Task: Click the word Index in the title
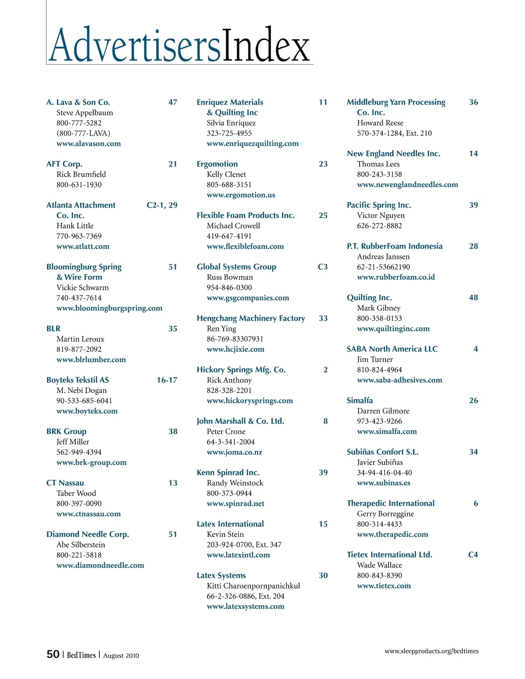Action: [x=266, y=45]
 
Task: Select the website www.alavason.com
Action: [x=88, y=143]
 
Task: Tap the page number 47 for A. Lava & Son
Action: [x=173, y=102]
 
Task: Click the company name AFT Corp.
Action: [x=64, y=164]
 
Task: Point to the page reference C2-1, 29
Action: [x=162, y=205]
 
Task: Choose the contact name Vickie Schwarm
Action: [x=83, y=288]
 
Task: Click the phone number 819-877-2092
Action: [x=79, y=349]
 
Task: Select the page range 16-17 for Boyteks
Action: [x=167, y=380]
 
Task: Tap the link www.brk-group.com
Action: [x=91, y=463]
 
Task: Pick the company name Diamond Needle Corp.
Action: [x=87, y=534]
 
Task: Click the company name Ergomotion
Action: [x=217, y=164]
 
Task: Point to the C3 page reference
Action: [x=322, y=267]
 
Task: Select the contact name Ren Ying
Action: [x=221, y=328]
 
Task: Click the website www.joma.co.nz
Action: [x=234, y=452]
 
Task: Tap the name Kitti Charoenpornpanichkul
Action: [x=253, y=586]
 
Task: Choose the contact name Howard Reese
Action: [x=380, y=123]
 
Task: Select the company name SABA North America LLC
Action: [x=392, y=349]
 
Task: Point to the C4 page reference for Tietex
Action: [x=473, y=555]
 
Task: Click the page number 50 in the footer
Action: [x=53, y=654]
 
